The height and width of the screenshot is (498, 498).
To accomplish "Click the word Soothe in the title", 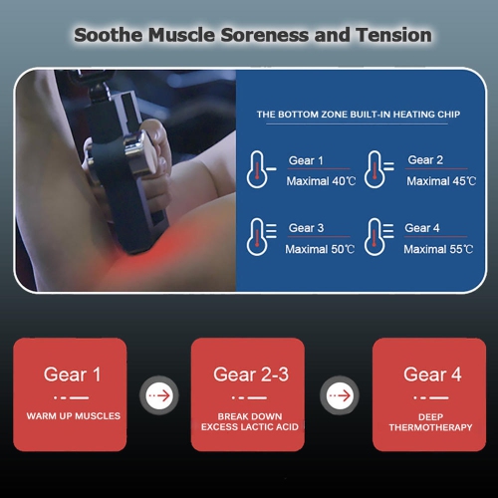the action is click(109, 35).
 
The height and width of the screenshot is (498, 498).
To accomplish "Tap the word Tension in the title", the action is click(393, 35).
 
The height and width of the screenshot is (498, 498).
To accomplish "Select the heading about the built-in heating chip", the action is click(359, 115).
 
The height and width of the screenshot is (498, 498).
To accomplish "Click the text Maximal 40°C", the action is click(321, 181).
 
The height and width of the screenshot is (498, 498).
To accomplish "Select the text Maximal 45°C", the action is click(441, 181).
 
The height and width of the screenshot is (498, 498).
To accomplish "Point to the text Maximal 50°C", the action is click(320, 249).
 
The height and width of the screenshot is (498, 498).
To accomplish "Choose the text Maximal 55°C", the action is click(438, 249).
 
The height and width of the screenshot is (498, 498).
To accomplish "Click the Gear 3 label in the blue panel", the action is click(306, 228).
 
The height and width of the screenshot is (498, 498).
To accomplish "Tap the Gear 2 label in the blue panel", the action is click(425, 160).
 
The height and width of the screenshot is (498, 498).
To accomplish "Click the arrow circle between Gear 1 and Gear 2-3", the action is click(159, 395).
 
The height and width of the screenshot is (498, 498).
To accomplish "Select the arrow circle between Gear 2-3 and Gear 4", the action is click(340, 395).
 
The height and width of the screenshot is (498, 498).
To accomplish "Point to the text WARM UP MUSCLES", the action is click(74, 416).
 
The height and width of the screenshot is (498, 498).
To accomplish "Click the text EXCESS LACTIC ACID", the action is click(250, 427).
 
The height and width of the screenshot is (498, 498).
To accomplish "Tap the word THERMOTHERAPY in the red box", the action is click(430, 427).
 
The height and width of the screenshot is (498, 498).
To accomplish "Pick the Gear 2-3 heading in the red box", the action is click(251, 374).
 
